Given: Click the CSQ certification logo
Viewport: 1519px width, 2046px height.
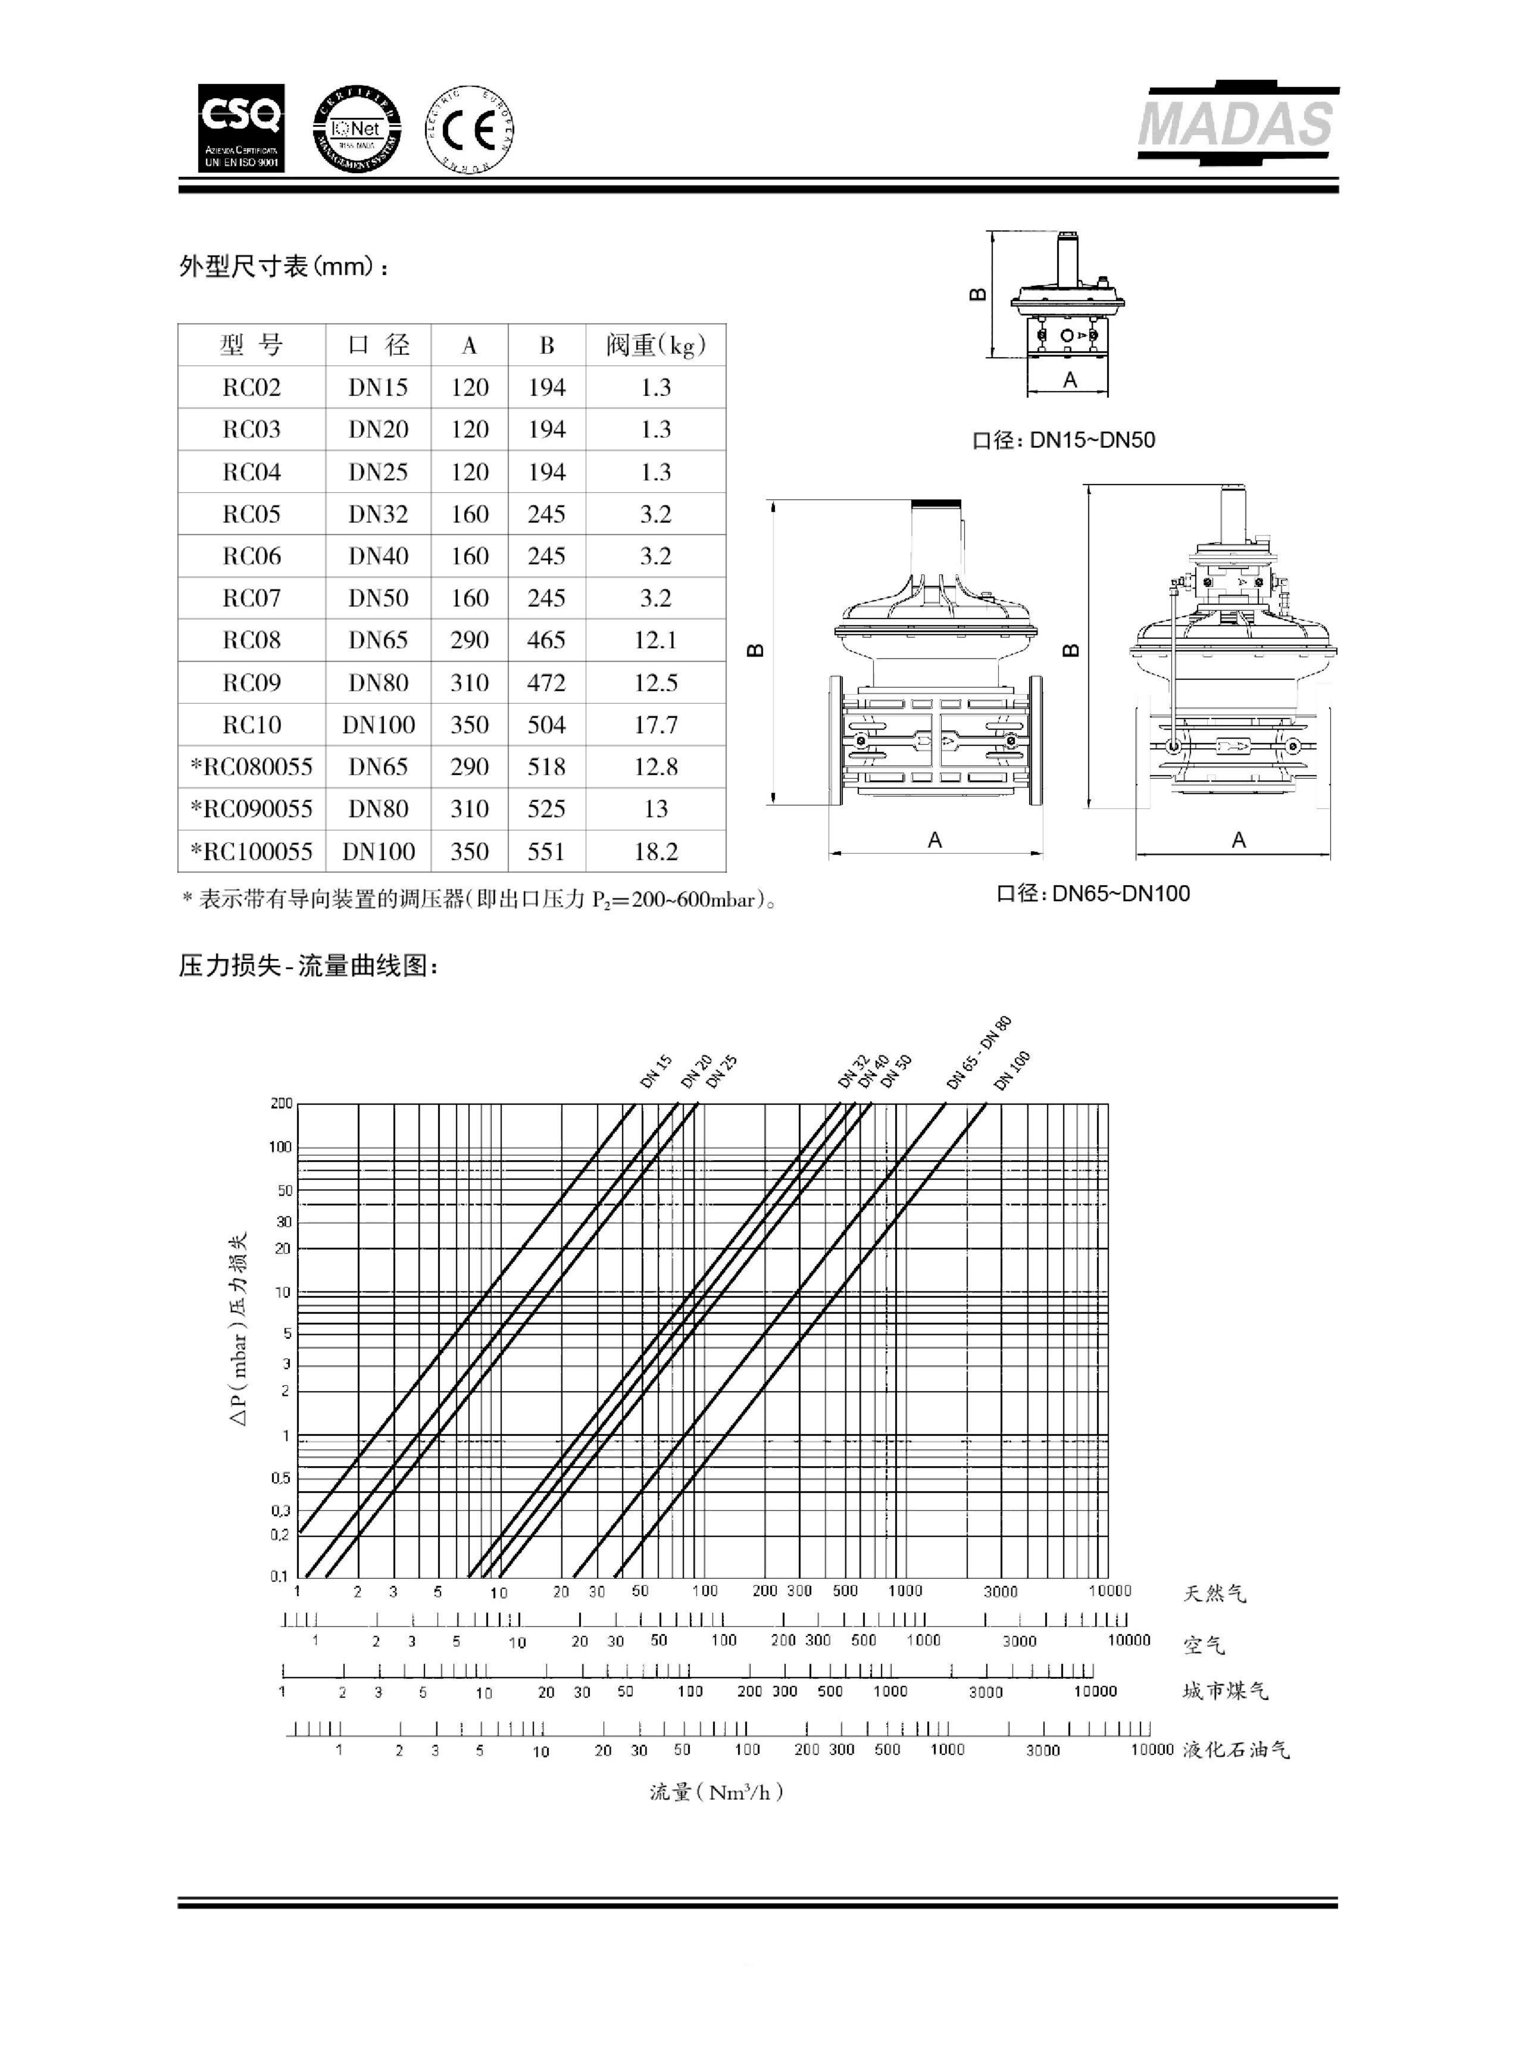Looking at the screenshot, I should click(x=241, y=128).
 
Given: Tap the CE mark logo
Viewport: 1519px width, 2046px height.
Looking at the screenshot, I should click(x=469, y=129).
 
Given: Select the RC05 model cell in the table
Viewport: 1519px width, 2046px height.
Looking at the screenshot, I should click(x=251, y=514).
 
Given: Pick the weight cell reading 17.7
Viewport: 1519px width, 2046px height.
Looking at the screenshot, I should click(x=655, y=724).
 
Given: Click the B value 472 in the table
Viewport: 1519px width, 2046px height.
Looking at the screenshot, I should click(x=546, y=682).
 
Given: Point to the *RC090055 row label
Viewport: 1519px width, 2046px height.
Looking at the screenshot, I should click(x=251, y=809).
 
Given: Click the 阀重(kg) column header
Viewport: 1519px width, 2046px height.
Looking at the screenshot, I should click(x=655, y=346).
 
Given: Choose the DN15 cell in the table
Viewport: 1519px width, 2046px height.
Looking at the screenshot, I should click(x=378, y=387).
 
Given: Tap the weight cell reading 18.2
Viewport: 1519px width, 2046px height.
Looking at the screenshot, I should click(x=655, y=851).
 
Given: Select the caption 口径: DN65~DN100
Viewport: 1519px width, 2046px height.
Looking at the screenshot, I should click(x=1093, y=893).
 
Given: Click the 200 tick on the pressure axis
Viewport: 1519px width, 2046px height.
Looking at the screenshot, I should click(x=282, y=1104).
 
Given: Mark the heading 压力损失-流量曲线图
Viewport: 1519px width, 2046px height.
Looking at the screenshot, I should click(x=309, y=966).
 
